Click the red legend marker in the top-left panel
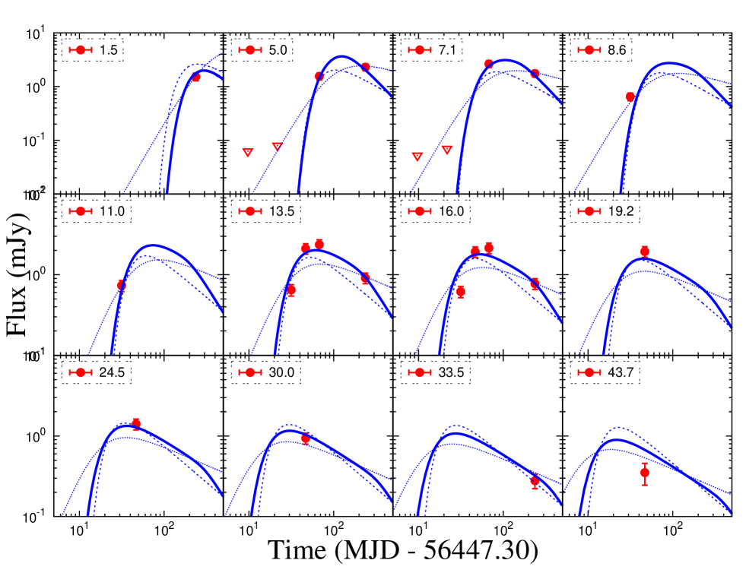(x=81, y=50)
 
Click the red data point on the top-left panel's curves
(x=196, y=77)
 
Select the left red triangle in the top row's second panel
(x=248, y=153)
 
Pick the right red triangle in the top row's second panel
(x=278, y=147)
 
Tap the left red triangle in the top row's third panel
(x=417, y=157)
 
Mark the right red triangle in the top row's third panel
(x=447, y=150)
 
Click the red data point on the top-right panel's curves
(x=630, y=97)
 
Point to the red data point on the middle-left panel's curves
(x=122, y=285)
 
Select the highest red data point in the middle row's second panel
(x=319, y=244)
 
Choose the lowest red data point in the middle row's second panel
(x=291, y=290)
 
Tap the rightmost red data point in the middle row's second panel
(x=365, y=278)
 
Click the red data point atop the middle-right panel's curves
(x=644, y=252)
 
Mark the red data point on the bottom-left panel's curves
(x=136, y=423)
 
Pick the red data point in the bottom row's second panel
(x=305, y=438)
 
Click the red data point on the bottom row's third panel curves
(x=535, y=481)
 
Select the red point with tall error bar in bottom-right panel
(x=644, y=473)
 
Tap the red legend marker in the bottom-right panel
(x=589, y=372)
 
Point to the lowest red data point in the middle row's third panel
(x=460, y=291)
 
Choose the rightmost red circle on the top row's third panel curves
(x=535, y=74)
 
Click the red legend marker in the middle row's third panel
(x=420, y=211)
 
